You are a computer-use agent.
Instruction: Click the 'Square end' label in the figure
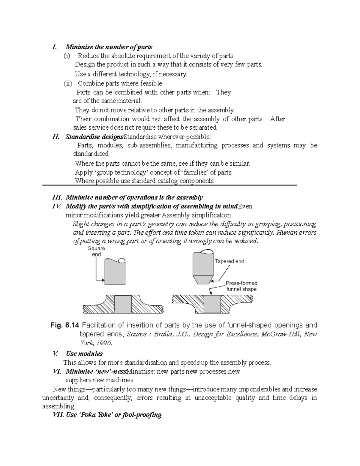click(x=96, y=251)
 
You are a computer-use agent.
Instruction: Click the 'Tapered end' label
click(x=229, y=261)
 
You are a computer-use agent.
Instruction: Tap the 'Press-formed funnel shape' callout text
click(x=241, y=286)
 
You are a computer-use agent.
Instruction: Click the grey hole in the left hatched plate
click(x=123, y=304)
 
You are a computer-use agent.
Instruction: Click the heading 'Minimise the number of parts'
click(x=109, y=47)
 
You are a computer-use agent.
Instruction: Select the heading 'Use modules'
click(x=84, y=353)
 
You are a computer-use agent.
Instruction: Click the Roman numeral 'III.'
click(x=57, y=197)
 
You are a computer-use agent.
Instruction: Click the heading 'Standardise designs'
click(x=94, y=137)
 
